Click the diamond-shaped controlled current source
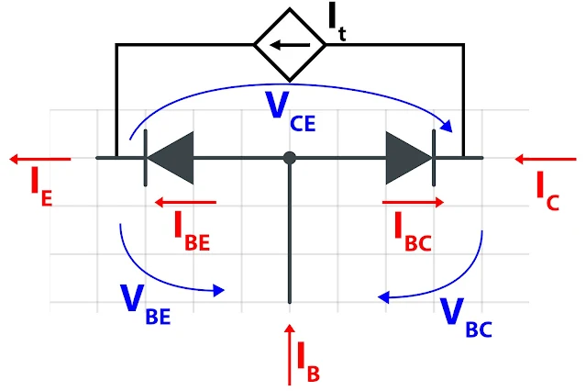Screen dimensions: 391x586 (x=290, y=42)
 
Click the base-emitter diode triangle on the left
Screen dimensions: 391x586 (x=172, y=157)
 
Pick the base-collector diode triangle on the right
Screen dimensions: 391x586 (x=406, y=157)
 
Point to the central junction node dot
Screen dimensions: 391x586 (x=290, y=158)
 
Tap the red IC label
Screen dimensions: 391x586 (x=547, y=190)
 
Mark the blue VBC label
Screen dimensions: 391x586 (x=465, y=315)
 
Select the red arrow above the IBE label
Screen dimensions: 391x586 (x=185, y=201)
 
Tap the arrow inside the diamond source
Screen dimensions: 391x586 (x=290, y=43)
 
